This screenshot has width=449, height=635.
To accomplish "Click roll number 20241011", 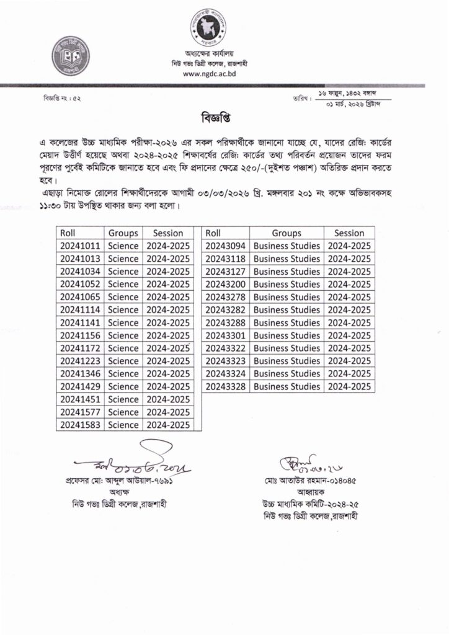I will (x=80, y=246).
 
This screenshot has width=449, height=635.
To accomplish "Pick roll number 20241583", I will (x=80, y=425).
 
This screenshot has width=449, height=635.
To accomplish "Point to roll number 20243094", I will (x=225, y=246).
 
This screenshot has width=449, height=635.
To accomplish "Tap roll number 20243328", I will (x=225, y=386).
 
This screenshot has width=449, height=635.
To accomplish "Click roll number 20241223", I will (x=80, y=361).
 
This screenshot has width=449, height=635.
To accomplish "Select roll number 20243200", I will (x=225, y=285).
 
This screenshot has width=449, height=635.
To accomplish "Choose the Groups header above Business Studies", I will (x=286, y=233).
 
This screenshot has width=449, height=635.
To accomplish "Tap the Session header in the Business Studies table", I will (x=349, y=233).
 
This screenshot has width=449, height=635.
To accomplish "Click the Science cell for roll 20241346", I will (x=123, y=374).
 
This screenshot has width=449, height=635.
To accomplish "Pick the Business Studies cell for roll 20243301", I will (x=286, y=335).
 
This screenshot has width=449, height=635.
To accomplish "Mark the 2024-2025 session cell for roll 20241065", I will (x=168, y=297).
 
